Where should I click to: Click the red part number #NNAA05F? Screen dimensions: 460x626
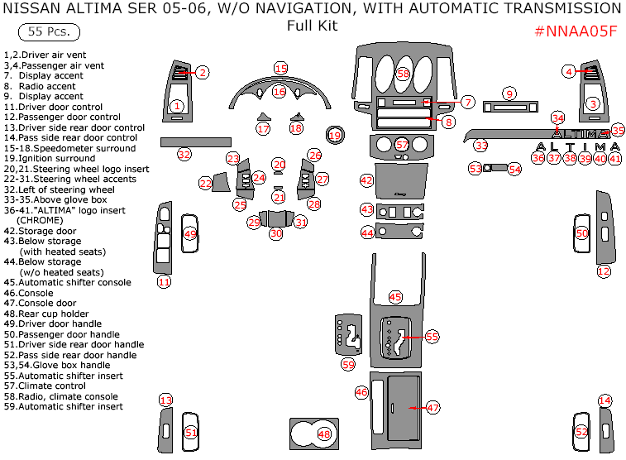coord(576,31)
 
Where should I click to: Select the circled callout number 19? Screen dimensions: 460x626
coord(335,134)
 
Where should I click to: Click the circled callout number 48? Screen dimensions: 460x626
coord(324,434)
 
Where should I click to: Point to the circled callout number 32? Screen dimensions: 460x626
coord(184,154)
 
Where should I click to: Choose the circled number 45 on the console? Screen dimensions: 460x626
coord(395,296)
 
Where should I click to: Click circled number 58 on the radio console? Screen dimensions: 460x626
coord(403,74)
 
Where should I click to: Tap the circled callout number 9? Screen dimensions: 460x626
coord(509,93)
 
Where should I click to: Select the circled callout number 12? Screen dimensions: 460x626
coord(604,271)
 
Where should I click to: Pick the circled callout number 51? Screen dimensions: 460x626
coord(191,432)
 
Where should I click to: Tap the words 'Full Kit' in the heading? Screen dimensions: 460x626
coord(312,26)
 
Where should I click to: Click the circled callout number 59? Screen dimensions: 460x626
coord(348,364)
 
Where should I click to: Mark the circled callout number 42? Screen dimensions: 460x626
coord(366,180)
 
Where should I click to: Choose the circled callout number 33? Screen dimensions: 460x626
coord(481,145)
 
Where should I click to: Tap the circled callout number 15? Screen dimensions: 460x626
coord(281,68)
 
